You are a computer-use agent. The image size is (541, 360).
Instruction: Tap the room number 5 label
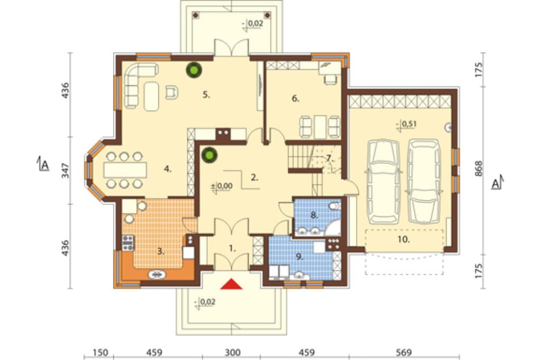pos(206,95)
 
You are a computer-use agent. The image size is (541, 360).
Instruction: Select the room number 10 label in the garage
pos(404,239)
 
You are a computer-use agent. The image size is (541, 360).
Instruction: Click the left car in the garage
pos(383,182)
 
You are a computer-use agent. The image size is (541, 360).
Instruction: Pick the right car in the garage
pos(424,182)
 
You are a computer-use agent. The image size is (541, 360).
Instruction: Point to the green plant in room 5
pos(194,70)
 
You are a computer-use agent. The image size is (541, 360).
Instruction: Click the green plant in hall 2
pos(209,155)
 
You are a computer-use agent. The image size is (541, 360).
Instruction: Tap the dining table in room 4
pos(125,170)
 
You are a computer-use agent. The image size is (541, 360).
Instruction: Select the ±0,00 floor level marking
pos(221,186)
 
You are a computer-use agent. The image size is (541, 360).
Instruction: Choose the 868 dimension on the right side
pos(478,169)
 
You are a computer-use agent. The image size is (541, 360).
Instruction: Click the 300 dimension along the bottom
pos(233,352)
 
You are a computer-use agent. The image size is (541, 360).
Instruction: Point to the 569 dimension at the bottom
pos(404,352)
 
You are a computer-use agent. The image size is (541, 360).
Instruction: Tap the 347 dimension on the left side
pos(65,171)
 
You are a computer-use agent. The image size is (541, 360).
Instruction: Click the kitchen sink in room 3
pos(157,275)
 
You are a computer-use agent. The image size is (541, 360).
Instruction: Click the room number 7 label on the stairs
pos(329,158)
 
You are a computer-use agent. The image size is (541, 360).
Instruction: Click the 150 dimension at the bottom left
pos(101,352)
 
